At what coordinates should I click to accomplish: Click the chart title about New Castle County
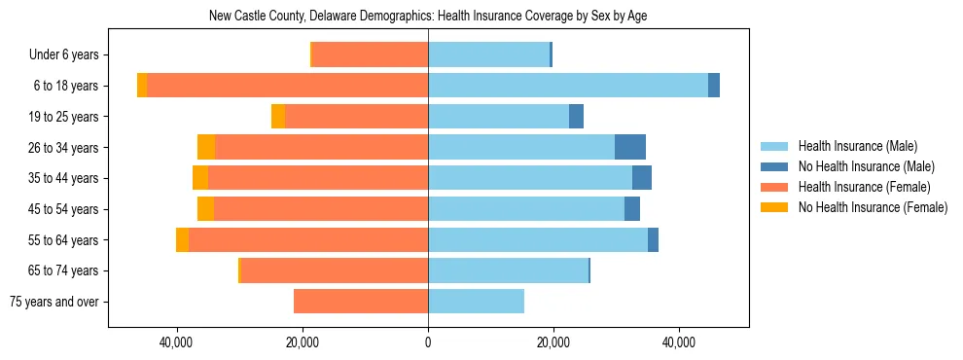pyautogui.click(x=428, y=16)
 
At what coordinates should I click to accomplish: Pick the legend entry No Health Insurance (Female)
pyautogui.click(x=873, y=207)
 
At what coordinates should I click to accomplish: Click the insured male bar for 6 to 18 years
pyautogui.click(x=568, y=86)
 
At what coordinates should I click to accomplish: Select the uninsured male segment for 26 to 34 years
pyautogui.click(x=630, y=147)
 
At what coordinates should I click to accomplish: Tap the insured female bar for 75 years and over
pyautogui.click(x=361, y=302)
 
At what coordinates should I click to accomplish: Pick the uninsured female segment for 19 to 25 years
pyautogui.click(x=278, y=117)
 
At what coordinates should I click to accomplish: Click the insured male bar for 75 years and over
pyautogui.click(x=476, y=302)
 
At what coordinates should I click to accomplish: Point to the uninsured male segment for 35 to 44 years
pyautogui.click(x=642, y=178)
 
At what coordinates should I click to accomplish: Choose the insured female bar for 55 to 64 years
pyautogui.click(x=308, y=239)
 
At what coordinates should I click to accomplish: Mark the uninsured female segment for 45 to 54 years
pyautogui.click(x=205, y=209)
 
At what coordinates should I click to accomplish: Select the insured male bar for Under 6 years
pyautogui.click(x=488, y=55)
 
